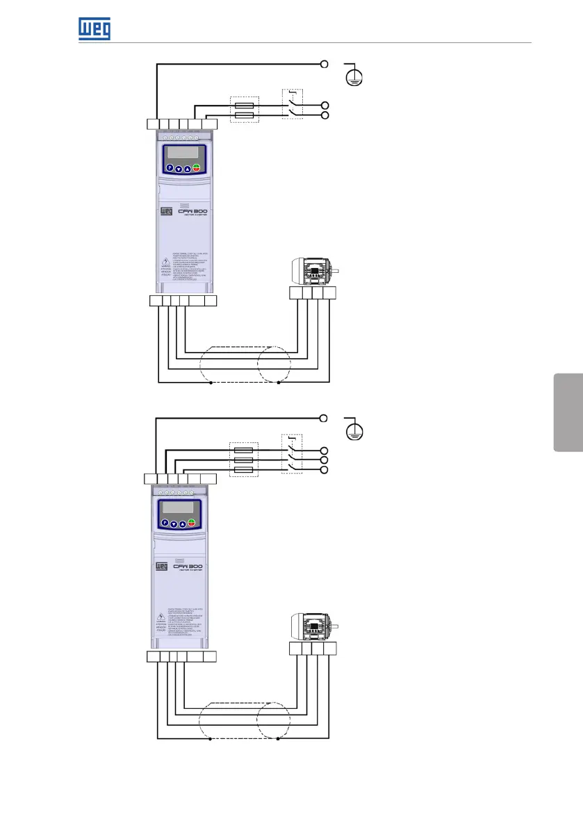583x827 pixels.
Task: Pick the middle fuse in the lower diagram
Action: click(245, 460)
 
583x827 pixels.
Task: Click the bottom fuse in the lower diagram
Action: click(245, 470)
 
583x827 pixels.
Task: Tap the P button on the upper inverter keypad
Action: click(170, 168)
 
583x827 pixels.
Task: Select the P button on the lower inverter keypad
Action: click(165, 524)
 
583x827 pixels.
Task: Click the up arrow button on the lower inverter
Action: click(183, 524)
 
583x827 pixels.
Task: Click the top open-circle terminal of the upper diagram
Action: click(325, 64)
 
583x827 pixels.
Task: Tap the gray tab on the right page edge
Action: click(568, 412)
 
